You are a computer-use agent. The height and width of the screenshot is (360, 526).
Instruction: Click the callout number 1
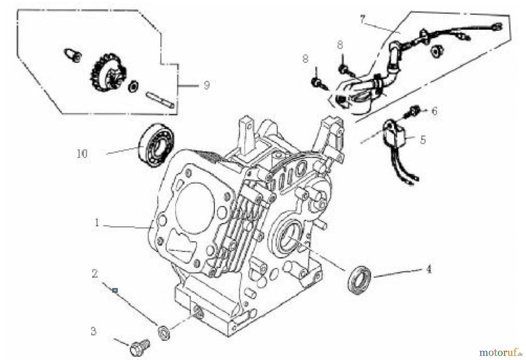97,223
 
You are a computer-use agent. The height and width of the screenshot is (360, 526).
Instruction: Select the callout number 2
95,274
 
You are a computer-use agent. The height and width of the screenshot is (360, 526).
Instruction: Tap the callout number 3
93,332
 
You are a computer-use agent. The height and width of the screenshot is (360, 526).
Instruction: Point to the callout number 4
429,269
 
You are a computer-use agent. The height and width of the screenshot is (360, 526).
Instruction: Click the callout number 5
423,140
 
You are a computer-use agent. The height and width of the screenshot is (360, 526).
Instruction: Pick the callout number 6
435,111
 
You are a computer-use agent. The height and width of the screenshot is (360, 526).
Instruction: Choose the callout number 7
362,20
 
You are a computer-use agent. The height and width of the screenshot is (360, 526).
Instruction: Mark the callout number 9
206,85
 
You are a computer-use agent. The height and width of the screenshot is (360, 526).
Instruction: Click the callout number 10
82,153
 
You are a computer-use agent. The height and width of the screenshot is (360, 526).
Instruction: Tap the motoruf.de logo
501,352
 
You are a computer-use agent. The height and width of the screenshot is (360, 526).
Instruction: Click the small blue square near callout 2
115,290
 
